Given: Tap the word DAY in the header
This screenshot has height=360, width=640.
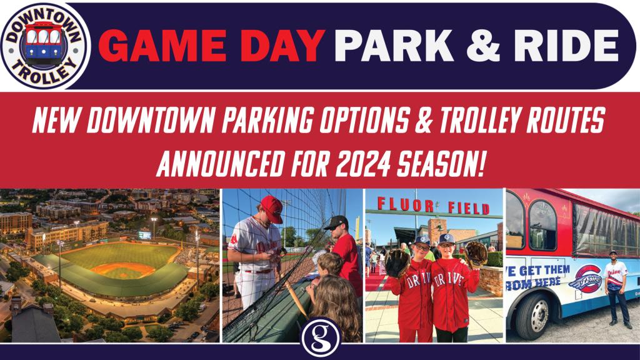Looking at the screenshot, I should click(282, 44).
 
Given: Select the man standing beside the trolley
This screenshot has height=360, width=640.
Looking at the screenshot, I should click(616, 287).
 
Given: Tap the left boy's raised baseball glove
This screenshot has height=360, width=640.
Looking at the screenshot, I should click(397, 263).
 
